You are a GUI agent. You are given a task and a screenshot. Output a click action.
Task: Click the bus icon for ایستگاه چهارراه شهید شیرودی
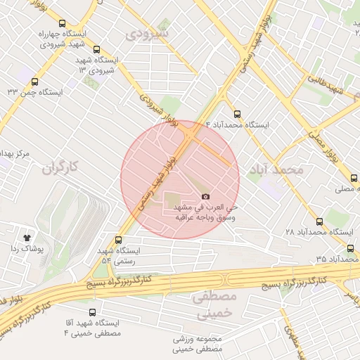pyautogui.click(x=62, y=23)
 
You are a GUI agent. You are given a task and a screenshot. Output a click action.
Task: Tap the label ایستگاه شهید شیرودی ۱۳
pyautogui.click(x=101, y=65)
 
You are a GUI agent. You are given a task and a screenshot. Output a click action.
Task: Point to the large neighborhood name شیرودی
pyautogui.click(x=148, y=33)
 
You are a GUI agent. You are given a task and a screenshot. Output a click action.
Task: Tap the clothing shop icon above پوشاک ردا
pyautogui.click(x=27, y=238)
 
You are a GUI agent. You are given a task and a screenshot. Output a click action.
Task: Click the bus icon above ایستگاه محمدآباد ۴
pyautogui.click(x=236, y=112)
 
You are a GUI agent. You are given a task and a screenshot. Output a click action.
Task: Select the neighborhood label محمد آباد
pyautogui.click(x=276, y=169)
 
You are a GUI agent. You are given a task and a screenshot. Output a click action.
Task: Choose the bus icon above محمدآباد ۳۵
pyautogui.click(x=350, y=248)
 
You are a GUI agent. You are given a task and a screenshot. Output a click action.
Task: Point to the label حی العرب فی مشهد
pyautogui.click(x=209, y=208)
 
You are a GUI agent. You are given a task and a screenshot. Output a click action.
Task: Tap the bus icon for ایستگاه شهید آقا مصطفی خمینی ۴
pyautogui.click(x=91, y=312)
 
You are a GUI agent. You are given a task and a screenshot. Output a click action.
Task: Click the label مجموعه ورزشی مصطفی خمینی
pyautogui.click(x=198, y=343)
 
